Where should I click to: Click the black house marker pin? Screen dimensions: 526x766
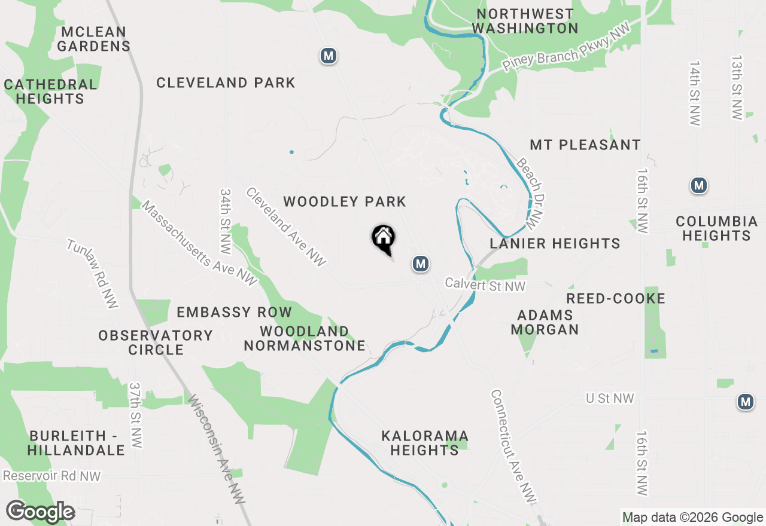click(x=383, y=239)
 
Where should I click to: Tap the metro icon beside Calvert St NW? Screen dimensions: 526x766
click(x=421, y=264)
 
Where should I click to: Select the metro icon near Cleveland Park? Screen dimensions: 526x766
click(x=328, y=56)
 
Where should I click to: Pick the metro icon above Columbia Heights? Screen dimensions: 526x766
click(x=698, y=186)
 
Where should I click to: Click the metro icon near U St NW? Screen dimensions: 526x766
click(x=745, y=402)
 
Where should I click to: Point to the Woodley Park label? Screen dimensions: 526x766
click(x=345, y=202)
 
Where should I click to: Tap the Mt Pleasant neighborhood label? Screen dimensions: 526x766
click(x=585, y=145)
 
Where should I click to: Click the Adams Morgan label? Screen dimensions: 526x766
click(x=545, y=322)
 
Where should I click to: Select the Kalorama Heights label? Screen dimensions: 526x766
click(x=425, y=442)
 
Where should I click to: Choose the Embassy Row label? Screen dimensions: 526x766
click(x=234, y=312)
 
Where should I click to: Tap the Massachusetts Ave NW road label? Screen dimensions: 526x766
click(x=199, y=243)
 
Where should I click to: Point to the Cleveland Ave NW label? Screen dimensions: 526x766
click(x=286, y=227)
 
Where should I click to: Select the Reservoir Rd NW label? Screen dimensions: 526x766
click(x=52, y=476)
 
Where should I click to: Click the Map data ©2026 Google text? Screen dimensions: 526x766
click(x=692, y=518)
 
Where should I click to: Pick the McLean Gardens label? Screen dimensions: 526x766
click(x=94, y=39)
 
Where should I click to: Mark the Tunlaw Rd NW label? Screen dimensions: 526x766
click(x=92, y=274)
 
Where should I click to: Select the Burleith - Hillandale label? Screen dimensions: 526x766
click(x=77, y=442)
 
